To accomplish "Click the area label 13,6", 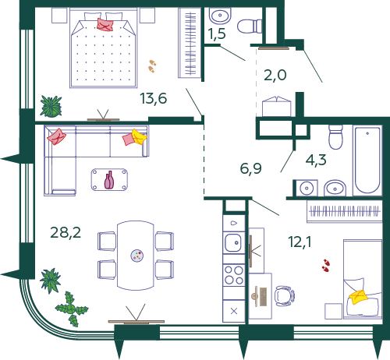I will (x=153, y=98).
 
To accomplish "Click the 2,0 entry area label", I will (x=275, y=75).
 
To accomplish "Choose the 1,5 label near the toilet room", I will (x=216, y=34).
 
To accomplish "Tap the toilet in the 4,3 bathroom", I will (x=336, y=136).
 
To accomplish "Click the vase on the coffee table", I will (x=109, y=180).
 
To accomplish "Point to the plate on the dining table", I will (x=137, y=254).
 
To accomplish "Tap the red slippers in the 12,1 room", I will (x=326, y=266).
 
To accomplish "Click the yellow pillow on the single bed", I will (x=360, y=297).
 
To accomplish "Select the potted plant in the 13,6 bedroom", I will (x=52, y=105).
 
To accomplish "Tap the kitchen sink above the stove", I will (x=232, y=243).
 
